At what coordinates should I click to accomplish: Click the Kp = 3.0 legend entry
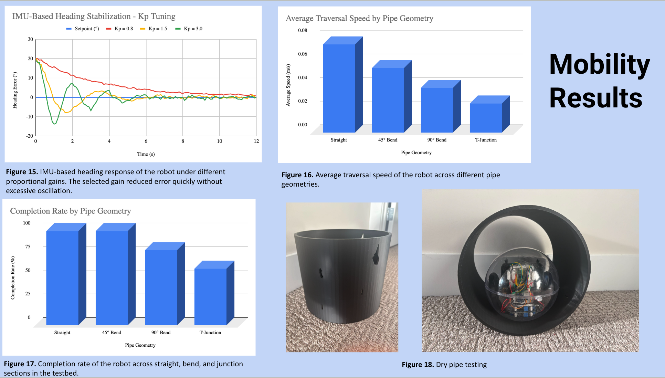pyautogui.click(x=189, y=29)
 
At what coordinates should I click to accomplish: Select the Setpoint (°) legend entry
pyautogui.click(x=83, y=29)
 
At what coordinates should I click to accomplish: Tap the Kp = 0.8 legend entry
pyautogui.click(x=119, y=29)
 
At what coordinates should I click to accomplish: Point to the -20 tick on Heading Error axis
pyautogui.click(x=30, y=136)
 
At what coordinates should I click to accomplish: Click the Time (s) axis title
pyautogui.click(x=146, y=154)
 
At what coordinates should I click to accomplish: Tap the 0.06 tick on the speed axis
pyautogui.click(x=303, y=54)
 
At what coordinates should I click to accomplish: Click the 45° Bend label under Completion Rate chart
pyautogui.click(x=112, y=333)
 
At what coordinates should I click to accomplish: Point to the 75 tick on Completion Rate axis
pyautogui.click(x=28, y=246)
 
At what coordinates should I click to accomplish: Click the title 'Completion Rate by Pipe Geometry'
pyautogui.click(x=71, y=211)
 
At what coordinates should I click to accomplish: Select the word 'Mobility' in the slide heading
pyautogui.click(x=600, y=64)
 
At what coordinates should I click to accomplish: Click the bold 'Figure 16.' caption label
pyautogui.click(x=297, y=175)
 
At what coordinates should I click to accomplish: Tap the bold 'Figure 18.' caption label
pyautogui.click(x=418, y=365)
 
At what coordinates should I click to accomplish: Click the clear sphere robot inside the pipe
pyautogui.click(x=522, y=285)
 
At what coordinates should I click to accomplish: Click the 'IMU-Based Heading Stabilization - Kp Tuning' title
pyautogui.click(x=94, y=16)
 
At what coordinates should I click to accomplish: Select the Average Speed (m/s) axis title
pyautogui.click(x=288, y=85)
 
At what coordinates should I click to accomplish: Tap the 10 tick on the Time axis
pyautogui.click(x=220, y=141)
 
